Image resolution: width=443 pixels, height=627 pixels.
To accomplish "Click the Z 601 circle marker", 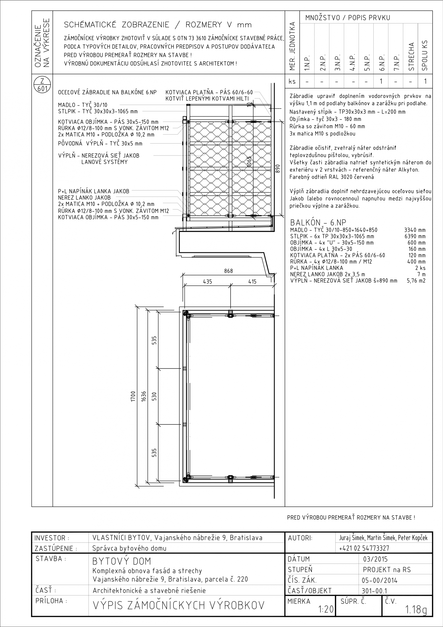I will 42,85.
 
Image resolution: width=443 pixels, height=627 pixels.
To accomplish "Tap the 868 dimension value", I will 228,271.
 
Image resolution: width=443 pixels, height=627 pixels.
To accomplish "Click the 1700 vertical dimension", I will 133,396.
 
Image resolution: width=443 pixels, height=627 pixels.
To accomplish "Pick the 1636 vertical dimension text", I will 144,396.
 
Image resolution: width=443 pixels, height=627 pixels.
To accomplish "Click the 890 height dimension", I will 278,168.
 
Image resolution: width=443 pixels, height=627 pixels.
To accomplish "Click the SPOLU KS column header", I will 425,55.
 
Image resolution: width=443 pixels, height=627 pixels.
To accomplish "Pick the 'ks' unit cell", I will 292,81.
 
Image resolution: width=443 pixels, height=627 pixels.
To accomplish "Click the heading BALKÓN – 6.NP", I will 318,222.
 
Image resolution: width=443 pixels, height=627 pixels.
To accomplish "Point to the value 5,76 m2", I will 416,280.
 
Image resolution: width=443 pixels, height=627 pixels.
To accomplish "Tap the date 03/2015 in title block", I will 375,559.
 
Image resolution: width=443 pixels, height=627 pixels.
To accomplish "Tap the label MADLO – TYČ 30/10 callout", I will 83,105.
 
